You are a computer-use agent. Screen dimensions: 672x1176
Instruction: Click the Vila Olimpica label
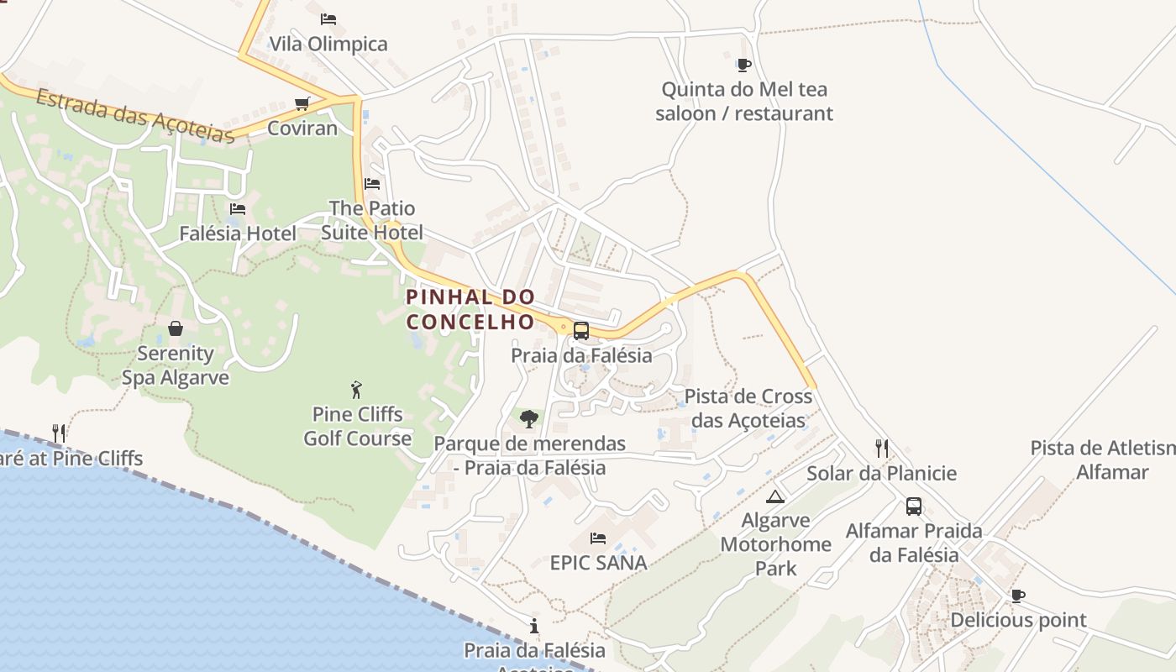click(x=328, y=44)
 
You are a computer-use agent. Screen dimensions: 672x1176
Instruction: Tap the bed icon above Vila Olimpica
click(x=328, y=18)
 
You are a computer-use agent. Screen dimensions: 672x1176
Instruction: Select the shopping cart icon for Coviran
click(x=302, y=103)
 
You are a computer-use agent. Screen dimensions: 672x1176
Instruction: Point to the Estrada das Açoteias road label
click(x=134, y=117)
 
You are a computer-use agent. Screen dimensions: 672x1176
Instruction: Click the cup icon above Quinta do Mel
click(x=743, y=65)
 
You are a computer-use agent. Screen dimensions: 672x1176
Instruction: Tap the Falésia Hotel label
click(x=238, y=234)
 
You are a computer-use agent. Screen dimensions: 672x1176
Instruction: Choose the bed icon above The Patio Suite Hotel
click(x=372, y=183)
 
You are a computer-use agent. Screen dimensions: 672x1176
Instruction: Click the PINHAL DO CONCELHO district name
click(x=470, y=309)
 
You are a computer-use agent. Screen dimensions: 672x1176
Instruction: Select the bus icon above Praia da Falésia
click(x=580, y=331)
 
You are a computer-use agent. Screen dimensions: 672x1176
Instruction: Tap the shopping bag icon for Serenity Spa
click(x=176, y=328)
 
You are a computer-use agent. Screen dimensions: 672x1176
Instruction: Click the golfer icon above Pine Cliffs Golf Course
click(x=357, y=390)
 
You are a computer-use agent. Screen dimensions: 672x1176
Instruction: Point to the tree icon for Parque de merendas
click(x=529, y=418)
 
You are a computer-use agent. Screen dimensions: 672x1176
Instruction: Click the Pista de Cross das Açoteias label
click(x=748, y=408)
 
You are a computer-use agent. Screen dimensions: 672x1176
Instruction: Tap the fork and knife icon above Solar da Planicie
click(x=881, y=448)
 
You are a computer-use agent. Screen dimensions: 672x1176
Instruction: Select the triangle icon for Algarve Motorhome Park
click(x=774, y=496)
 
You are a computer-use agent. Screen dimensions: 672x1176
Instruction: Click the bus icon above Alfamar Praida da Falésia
click(x=914, y=507)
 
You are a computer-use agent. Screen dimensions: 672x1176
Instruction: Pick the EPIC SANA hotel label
click(x=598, y=563)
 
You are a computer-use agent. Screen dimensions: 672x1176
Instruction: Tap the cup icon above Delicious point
click(x=1018, y=596)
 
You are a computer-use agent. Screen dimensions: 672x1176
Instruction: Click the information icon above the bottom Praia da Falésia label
click(x=534, y=626)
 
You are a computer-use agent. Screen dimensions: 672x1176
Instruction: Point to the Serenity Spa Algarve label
click(x=176, y=365)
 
